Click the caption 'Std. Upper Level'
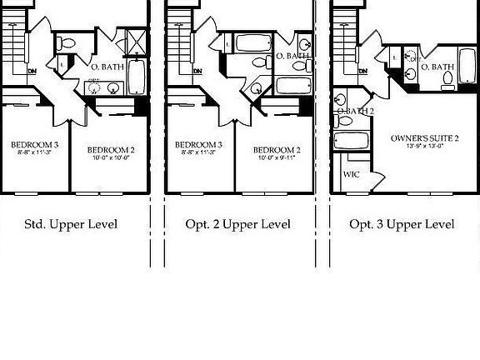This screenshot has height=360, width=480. tap(70, 224)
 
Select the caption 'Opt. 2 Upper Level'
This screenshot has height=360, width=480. tap(237, 224)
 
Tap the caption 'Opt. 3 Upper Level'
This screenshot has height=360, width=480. tap(402, 224)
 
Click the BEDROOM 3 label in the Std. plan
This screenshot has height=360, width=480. tap(34, 145)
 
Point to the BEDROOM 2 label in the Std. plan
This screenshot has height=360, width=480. tap(111, 150)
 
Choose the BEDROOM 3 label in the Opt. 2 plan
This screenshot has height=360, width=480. tap(198, 145)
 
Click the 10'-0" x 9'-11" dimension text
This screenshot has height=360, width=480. tap(277, 157)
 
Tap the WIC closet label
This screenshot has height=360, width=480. tap(351, 175)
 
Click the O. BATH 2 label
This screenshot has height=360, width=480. tap(355, 112)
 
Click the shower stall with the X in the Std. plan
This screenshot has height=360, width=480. tap(135, 41)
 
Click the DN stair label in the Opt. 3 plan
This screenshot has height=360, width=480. tap(362, 72)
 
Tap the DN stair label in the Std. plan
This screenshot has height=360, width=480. tap(32, 72)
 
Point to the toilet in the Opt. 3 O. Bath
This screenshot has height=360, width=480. tap(447, 80)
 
